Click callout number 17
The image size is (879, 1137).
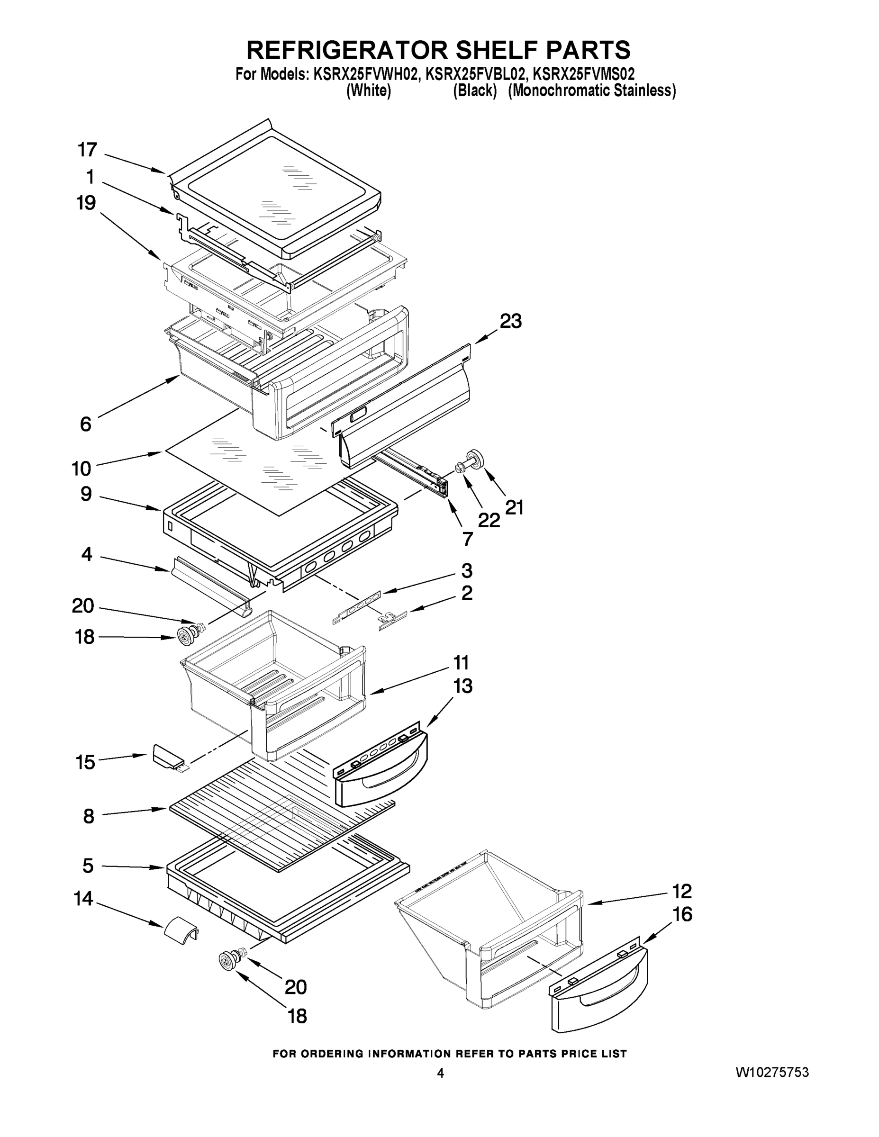click(88, 150)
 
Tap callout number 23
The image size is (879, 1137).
click(510, 321)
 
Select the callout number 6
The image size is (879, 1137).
click(85, 424)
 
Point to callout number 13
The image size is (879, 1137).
click(462, 686)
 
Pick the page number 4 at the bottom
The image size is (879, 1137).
click(440, 1073)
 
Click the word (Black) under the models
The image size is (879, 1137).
click(474, 90)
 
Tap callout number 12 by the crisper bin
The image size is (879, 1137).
click(681, 891)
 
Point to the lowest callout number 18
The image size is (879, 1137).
click(297, 1016)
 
